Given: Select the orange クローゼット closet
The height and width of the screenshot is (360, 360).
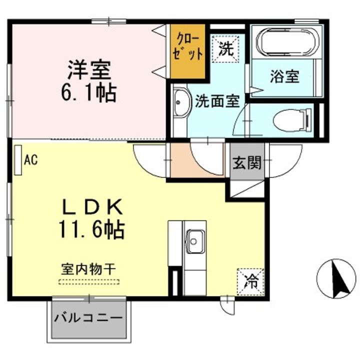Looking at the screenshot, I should pos(188,50).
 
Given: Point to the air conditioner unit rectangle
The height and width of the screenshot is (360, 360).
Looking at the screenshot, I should pos(18,160).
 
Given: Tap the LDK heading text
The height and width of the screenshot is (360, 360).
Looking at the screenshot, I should pos(92,206).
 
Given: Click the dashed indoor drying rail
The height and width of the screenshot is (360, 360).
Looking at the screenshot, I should pos(88,281).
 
